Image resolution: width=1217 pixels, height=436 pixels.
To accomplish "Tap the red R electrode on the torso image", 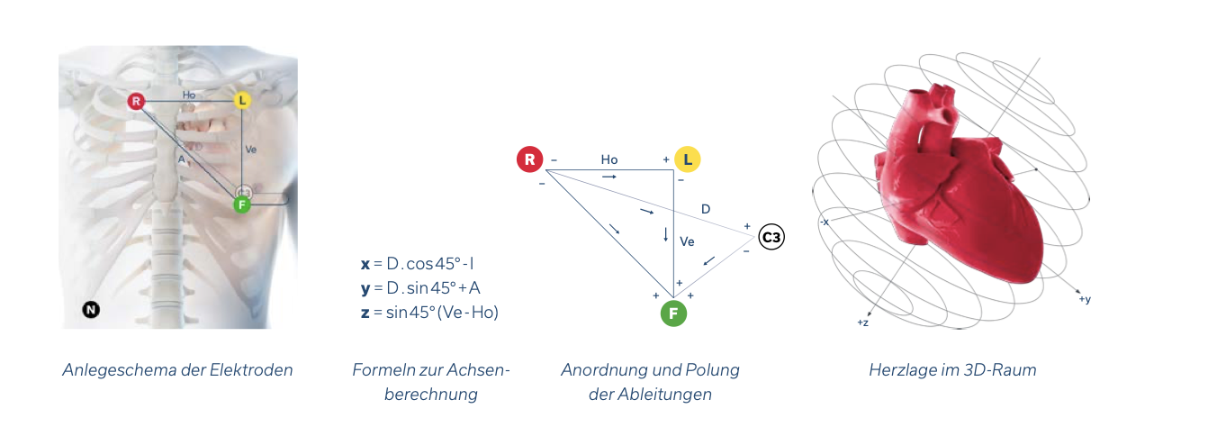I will tap(136, 101).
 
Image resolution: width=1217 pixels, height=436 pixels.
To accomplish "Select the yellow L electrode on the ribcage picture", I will tap(241, 101).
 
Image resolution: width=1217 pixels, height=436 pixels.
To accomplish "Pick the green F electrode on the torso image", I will tap(241, 204).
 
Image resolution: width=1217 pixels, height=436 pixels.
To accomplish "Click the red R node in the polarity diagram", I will tap(529, 160).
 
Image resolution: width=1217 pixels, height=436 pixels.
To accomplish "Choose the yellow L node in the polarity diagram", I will tap(687, 160).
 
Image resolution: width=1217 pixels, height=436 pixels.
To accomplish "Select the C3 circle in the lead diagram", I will tap(771, 238).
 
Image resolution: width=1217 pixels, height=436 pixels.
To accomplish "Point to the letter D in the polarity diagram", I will tap(706, 210).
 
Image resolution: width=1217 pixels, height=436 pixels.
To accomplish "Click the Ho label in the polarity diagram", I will tap(609, 160).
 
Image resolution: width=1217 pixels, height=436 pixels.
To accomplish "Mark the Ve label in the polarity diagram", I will tap(687, 241).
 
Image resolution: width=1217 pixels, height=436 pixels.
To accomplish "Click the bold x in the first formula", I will tap(365, 264).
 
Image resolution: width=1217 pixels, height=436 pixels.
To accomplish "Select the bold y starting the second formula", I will tap(365, 288).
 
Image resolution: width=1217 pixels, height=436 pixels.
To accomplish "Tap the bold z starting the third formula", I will tap(365, 312).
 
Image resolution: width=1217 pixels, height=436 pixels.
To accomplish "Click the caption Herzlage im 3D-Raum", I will tap(952, 370).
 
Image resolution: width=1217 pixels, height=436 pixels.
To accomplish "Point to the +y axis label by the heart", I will tap(1084, 299).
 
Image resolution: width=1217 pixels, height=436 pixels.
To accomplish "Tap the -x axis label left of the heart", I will tap(824, 222).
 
